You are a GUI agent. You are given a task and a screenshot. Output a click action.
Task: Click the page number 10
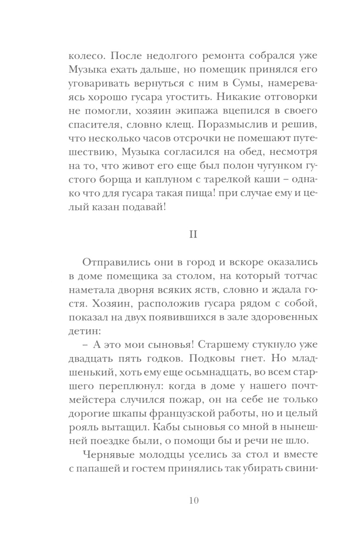pos(193,501)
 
